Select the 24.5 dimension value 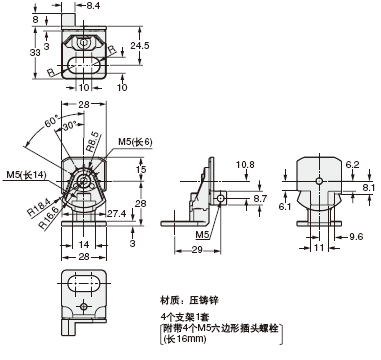tap(139, 45)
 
